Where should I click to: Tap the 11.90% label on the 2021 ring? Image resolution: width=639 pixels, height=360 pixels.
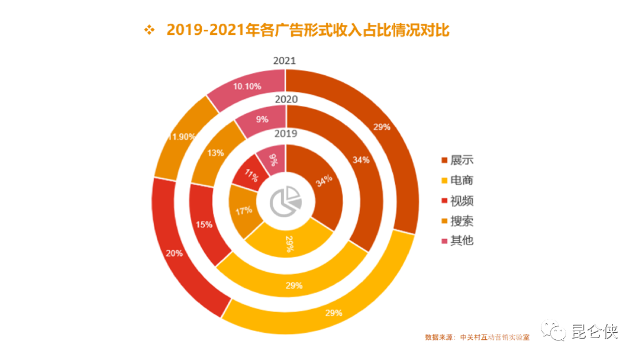coord(181,137)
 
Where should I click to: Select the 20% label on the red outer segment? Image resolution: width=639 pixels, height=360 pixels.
coord(174,253)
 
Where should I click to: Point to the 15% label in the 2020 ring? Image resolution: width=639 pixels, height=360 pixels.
coord(204,225)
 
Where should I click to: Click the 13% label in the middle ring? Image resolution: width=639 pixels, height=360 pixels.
coord(216,153)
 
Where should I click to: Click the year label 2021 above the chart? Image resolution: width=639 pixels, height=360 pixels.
coord(285,61)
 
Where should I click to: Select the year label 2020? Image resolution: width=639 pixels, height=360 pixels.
coord(286,99)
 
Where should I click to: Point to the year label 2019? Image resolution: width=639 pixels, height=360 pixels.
coord(286,134)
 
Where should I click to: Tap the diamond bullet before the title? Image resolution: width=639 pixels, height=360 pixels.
coord(150,30)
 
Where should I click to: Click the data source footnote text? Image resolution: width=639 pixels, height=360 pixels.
coord(477,337)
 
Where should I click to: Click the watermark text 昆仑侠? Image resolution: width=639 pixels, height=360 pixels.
coord(595,332)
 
